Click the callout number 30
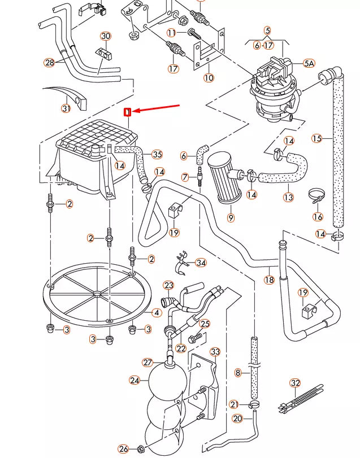[x=106, y=37]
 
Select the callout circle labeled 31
[x=66, y=108]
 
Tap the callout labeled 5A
[x=309, y=63]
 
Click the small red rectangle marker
[x=128, y=112]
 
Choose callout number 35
[x=157, y=154]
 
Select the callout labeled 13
[x=288, y=197]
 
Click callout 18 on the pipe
[x=269, y=280]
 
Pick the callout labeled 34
[x=201, y=263]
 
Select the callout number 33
[x=215, y=352]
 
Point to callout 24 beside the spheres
[x=135, y=380]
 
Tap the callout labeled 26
[x=123, y=449]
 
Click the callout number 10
[x=209, y=78]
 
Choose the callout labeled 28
[x=50, y=62]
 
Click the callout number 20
[x=237, y=418]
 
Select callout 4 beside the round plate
[x=157, y=312]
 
